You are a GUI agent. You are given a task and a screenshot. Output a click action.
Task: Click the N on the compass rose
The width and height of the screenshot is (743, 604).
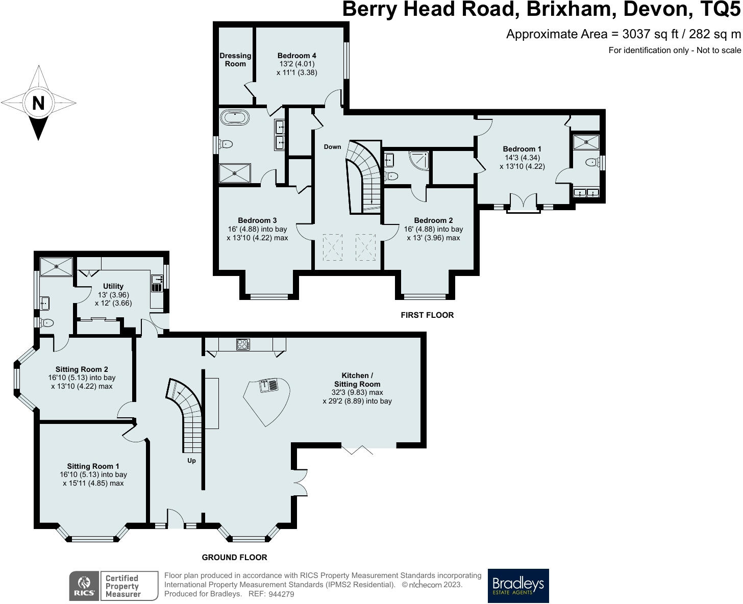coord(38,103)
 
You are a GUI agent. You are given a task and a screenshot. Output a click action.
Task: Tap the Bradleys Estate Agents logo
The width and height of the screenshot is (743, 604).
coord(518,586)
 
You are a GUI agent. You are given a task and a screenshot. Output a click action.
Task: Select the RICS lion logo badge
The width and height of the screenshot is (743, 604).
coord(85,586)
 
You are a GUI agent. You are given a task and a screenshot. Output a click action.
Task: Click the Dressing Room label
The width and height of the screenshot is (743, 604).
coord(235,60)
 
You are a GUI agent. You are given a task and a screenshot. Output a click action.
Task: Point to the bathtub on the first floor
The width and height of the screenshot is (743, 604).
coord(235,118)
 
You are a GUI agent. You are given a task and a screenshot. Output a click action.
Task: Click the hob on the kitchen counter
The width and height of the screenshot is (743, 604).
coord(243,344)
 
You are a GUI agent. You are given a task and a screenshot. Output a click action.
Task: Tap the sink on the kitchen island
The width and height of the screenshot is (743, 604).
coord(268,386)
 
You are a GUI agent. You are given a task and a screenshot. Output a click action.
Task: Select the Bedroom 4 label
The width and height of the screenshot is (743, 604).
coord(297,56)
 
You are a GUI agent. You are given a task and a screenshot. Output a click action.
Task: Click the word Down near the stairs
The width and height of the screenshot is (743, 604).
coord(332,147)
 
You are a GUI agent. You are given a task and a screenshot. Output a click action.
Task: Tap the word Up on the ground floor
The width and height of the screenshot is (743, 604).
coord(191,461)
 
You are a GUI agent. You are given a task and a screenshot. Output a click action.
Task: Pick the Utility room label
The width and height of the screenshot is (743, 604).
coord(113,286)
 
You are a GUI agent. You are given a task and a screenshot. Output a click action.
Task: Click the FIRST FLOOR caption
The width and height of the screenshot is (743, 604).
coord(427,315)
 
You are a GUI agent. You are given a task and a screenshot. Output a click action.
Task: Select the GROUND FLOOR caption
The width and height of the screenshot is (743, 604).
coord(234,558)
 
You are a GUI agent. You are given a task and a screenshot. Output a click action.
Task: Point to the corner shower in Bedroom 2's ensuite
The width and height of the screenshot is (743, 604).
coord(419,160)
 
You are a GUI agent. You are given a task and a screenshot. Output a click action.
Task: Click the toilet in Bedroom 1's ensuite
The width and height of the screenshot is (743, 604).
coord(592,162)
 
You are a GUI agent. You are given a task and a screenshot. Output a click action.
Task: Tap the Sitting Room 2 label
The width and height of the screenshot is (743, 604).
coord(82,369)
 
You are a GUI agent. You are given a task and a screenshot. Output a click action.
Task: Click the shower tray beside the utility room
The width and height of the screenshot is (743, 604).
coord(56,267)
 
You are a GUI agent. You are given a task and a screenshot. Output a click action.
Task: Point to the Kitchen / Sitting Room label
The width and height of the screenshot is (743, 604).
coord(357,380)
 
